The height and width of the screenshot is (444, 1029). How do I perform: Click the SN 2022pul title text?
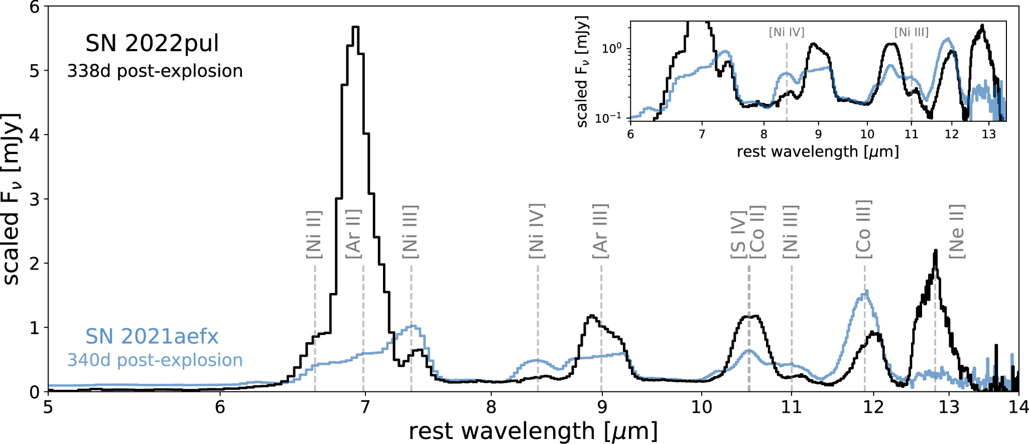(152, 44)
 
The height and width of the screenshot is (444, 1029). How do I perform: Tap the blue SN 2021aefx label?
(152, 337)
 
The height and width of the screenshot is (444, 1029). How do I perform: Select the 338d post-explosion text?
(155, 71)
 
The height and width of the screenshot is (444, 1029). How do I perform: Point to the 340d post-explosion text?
(155, 360)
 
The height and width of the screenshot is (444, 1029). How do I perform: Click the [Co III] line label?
(864, 230)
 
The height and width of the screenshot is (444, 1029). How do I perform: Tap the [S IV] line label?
(738, 234)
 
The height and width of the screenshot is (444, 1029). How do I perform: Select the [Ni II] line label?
(314, 234)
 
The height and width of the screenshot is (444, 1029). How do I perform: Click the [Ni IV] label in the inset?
(786, 33)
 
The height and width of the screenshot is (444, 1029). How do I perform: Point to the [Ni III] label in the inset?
(911, 33)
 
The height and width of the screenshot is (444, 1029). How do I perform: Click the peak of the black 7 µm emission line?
(355, 28)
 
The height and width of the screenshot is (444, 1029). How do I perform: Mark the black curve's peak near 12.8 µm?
(935, 251)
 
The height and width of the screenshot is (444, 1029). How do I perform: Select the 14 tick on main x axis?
(1017, 407)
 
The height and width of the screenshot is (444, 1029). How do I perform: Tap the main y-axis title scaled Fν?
(12, 199)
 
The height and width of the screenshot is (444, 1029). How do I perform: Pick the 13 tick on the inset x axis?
(988, 134)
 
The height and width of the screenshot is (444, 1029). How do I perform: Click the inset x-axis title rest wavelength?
(817, 152)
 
